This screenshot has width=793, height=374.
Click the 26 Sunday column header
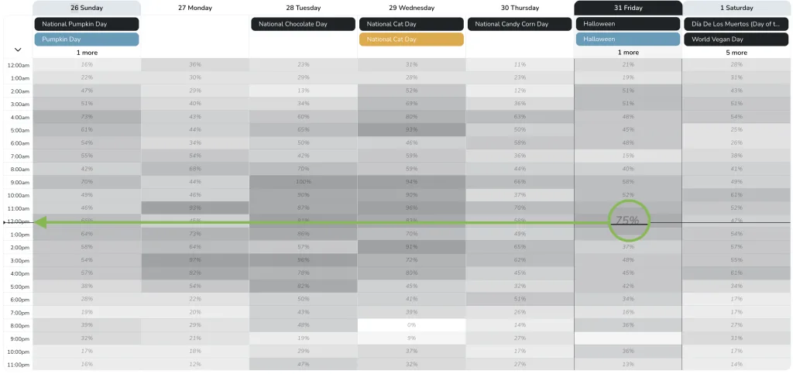click(x=87, y=8)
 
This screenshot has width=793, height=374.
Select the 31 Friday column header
click(x=628, y=8)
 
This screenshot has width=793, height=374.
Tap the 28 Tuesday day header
click(x=303, y=8)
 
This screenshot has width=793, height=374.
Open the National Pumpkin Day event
click(x=87, y=24)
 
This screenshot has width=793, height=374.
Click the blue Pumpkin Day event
click(x=87, y=39)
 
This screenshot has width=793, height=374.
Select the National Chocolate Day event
click(x=303, y=24)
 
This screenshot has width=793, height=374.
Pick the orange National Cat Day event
click(x=411, y=39)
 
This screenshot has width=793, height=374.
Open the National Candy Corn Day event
click(x=520, y=24)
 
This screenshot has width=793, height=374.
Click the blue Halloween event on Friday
click(x=628, y=39)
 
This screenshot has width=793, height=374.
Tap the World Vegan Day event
click(x=736, y=39)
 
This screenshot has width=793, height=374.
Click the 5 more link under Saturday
click(x=736, y=53)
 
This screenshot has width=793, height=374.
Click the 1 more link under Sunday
click(x=87, y=53)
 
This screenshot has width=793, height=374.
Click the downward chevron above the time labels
click(x=17, y=50)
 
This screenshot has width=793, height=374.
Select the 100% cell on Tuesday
click(x=303, y=182)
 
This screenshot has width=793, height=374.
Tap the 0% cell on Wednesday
click(x=411, y=325)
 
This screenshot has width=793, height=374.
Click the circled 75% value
click(x=627, y=221)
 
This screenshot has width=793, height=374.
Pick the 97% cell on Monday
click(x=195, y=260)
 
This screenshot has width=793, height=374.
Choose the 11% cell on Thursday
click(x=520, y=64)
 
